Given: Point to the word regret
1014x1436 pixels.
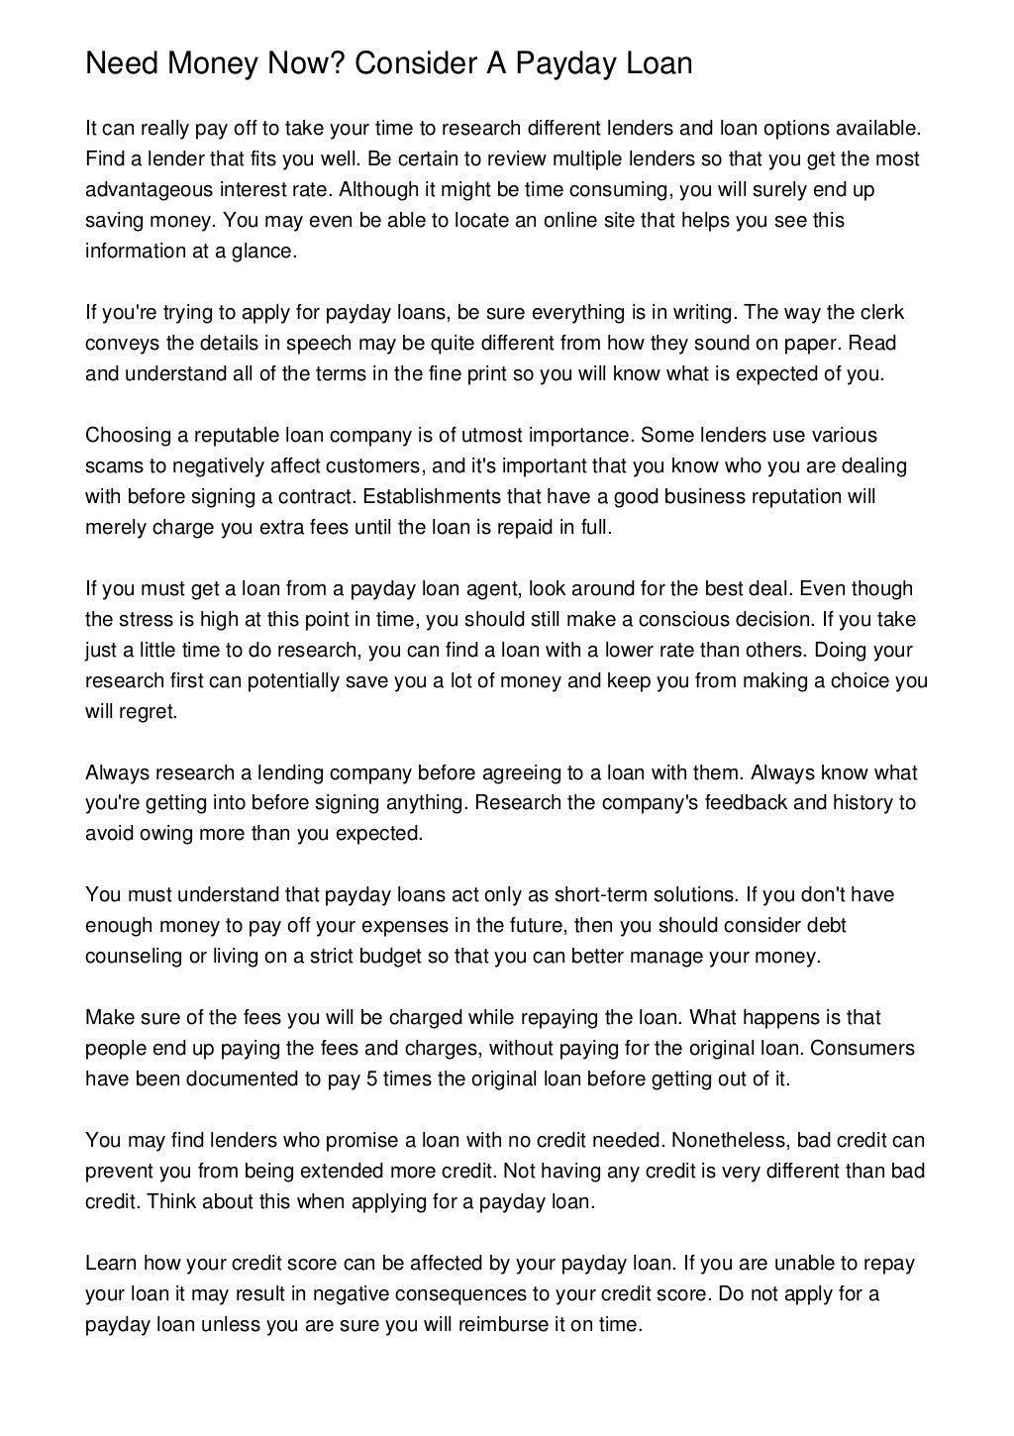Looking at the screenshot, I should [149, 711].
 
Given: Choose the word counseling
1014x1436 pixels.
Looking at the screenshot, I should [130, 956].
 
